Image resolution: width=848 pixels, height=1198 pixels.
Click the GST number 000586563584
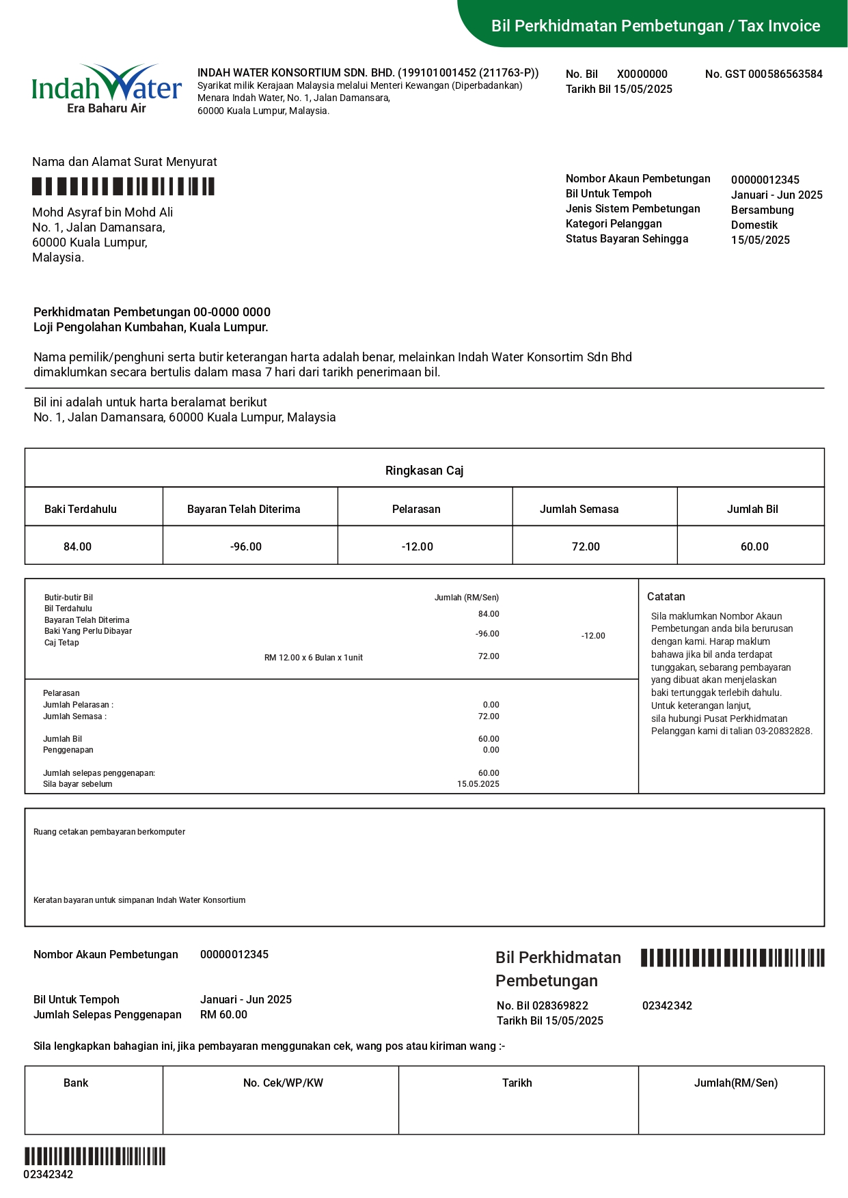pos(785,74)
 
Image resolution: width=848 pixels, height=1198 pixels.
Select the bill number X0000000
pos(642,74)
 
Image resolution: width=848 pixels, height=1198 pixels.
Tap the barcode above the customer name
pos(124,186)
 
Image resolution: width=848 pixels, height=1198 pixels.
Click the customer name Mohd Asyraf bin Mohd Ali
pos(102,212)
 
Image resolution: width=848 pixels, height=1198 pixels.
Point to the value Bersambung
pos(762,210)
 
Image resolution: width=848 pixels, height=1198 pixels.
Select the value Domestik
pos(754,225)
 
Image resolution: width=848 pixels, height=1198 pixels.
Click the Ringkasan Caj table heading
pos(424,471)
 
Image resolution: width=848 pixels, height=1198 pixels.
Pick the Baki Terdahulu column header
pos(81,510)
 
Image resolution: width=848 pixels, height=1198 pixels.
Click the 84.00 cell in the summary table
pos(77,547)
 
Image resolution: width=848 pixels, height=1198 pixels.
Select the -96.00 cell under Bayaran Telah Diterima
pos(246,547)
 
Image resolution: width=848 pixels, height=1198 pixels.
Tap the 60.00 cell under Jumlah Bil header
pos(754,547)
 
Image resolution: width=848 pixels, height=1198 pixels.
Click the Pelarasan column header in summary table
pos(416,510)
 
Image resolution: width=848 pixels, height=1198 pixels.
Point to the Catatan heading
pos(666,597)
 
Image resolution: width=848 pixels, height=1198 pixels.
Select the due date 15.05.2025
pos(478,784)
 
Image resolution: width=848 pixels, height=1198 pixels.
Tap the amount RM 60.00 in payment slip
pos(223,1015)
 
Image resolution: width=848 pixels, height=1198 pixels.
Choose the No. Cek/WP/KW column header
pos(283,1083)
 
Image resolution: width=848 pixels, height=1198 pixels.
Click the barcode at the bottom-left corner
pos(95,1156)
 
